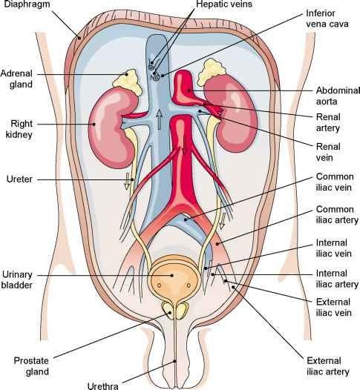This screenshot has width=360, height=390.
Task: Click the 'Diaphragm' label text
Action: (x=27, y=4)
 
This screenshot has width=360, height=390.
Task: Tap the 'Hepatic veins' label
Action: (x=224, y=4)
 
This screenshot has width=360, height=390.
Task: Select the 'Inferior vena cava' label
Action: (x=327, y=19)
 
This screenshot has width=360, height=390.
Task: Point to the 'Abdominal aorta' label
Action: (x=338, y=96)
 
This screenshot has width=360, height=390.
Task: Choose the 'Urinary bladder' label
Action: (x=17, y=280)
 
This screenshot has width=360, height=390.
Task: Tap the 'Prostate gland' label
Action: (x=31, y=366)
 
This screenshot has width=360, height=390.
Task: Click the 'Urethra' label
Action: (x=103, y=386)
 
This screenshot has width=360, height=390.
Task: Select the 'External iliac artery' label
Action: (x=327, y=366)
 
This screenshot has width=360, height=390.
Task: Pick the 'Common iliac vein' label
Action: (x=335, y=182)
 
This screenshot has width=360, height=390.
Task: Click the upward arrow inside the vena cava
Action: (x=159, y=119)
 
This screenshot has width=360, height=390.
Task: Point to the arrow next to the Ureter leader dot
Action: (x=127, y=182)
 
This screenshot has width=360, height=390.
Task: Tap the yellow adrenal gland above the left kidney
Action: (x=212, y=71)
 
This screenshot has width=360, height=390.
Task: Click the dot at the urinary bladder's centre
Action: (x=171, y=275)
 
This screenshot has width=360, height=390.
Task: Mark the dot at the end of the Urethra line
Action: (x=174, y=361)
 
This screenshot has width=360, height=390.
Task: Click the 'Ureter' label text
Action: (x=19, y=179)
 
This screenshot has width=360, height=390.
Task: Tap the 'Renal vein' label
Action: (x=328, y=152)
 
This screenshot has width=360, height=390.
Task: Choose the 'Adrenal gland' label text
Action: (x=16, y=79)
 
